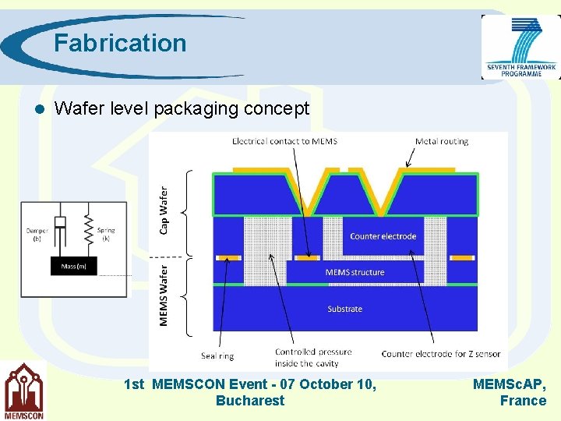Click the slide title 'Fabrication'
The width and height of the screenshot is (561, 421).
pyautogui.click(x=120, y=43)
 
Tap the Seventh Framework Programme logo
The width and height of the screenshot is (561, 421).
pyautogui.click(x=520, y=48)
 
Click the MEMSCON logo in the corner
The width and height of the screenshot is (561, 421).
pyautogui.click(x=23, y=392)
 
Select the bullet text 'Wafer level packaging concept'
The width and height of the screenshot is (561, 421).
pyautogui.click(x=182, y=108)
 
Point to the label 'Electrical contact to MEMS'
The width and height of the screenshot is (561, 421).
pyautogui.click(x=284, y=141)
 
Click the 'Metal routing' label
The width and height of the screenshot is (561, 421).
pyautogui.click(x=442, y=141)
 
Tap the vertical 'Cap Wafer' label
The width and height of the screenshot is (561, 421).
pyautogui.click(x=164, y=209)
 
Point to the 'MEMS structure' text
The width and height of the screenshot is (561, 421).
pyautogui.click(x=355, y=272)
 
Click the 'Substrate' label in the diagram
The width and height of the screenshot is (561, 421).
pyautogui.click(x=344, y=309)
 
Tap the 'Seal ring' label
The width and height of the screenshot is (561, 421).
pyautogui.click(x=217, y=356)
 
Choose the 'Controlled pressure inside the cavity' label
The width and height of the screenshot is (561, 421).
pyautogui.click(x=313, y=357)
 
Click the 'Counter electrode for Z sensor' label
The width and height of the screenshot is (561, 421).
pyautogui.click(x=440, y=354)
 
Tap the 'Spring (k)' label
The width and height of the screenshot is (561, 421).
pyautogui.click(x=107, y=234)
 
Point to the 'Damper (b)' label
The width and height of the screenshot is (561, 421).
pyautogui.click(x=37, y=234)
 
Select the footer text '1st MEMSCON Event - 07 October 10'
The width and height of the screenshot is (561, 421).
pyautogui.click(x=250, y=384)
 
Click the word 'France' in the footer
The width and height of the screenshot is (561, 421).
pyautogui.click(x=523, y=401)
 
